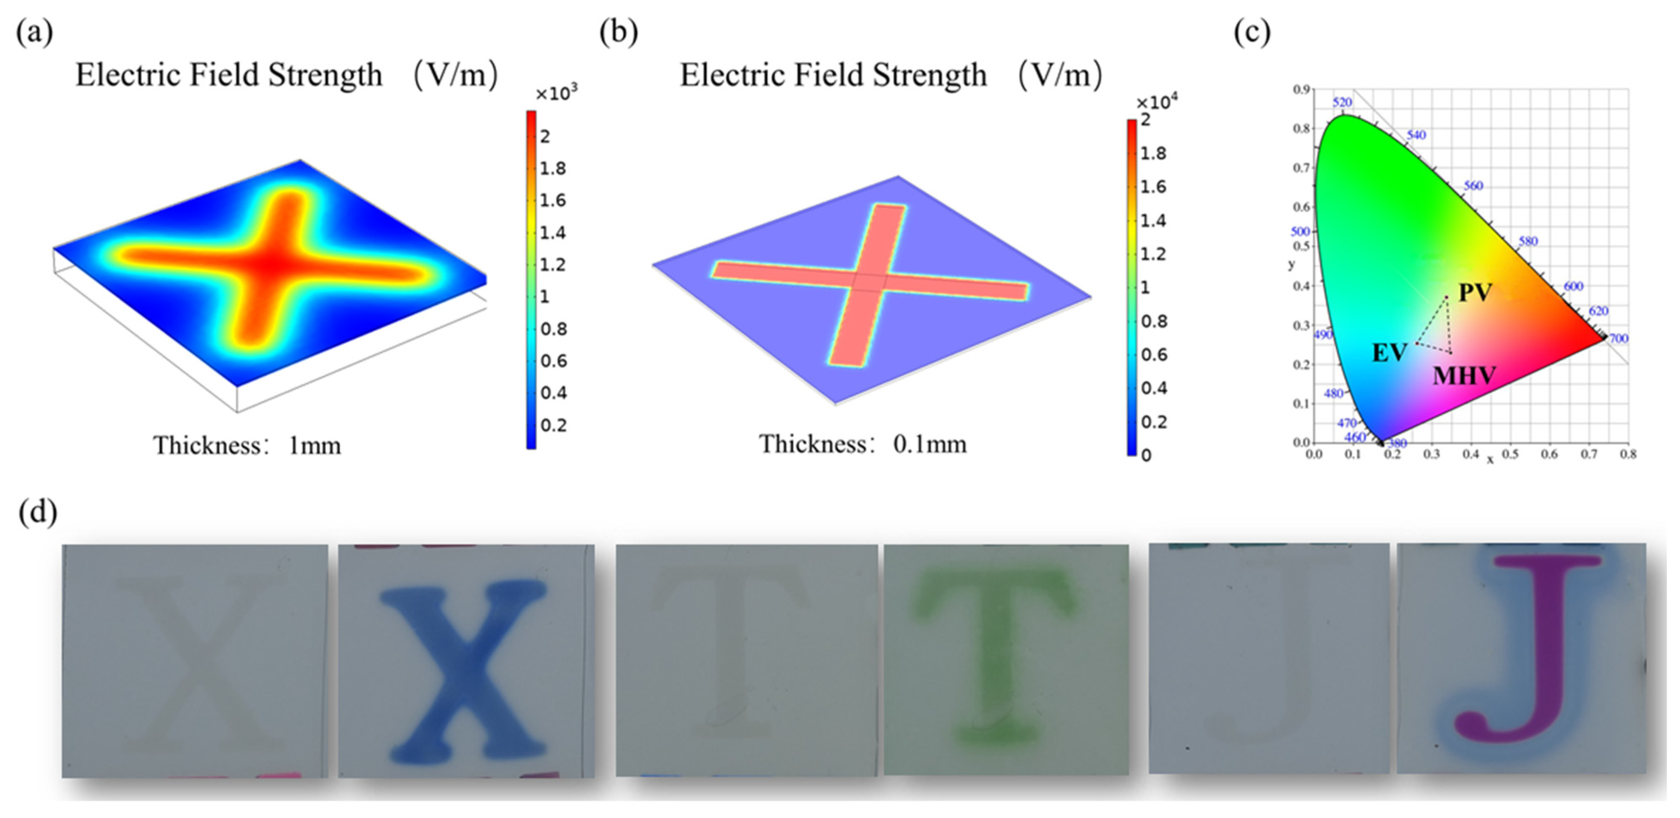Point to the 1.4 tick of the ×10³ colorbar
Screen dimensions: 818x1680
tap(552, 233)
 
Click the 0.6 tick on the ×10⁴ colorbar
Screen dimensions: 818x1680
tap(1153, 354)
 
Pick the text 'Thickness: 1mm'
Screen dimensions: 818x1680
tap(246, 446)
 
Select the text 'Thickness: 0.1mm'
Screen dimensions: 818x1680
tap(862, 444)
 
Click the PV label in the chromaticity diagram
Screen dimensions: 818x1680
tap(1475, 293)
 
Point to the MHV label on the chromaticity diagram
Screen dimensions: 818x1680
tap(1464, 375)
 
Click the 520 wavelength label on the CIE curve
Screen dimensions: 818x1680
tap(1342, 102)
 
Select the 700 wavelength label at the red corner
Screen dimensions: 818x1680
tap(1619, 338)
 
